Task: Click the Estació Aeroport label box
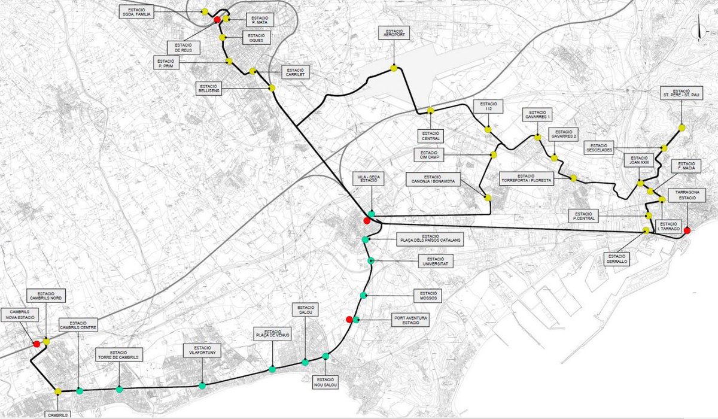394,34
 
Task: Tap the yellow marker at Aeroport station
394,68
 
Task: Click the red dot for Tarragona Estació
687,230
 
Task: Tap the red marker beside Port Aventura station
349,319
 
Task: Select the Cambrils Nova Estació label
19,315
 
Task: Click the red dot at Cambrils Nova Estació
36,344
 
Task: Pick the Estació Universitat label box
436,261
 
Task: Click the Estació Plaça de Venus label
272,334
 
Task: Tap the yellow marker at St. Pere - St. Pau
682,127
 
